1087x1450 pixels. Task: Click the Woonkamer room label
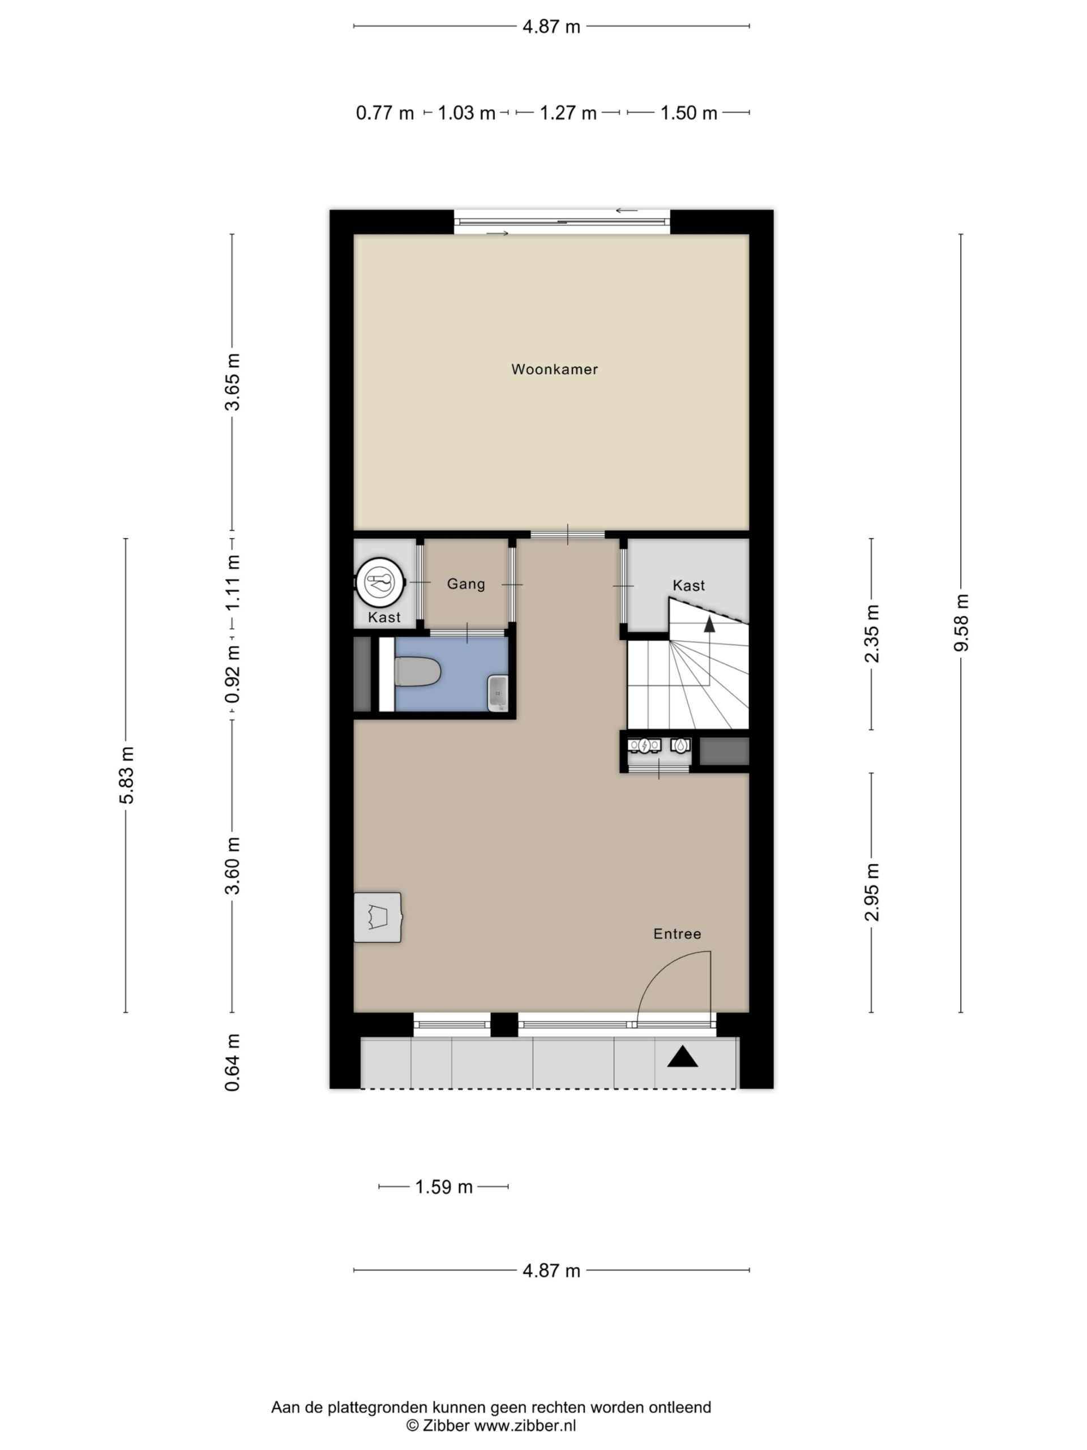(554, 369)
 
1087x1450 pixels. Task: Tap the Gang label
(466, 583)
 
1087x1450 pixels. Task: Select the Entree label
(677, 934)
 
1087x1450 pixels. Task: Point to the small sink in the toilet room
(498, 693)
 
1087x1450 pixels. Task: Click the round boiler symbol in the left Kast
(380, 581)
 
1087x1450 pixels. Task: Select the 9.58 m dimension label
(961, 622)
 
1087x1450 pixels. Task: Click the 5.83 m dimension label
(126, 775)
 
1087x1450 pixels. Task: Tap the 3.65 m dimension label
(232, 382)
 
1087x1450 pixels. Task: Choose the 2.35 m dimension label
(872, 634)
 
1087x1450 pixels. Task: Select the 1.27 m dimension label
(568, 113)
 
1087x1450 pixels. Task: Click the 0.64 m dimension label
(232, 1063)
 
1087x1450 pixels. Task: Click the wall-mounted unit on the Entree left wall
(378, 917)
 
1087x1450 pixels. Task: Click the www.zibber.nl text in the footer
(525, 1425)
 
